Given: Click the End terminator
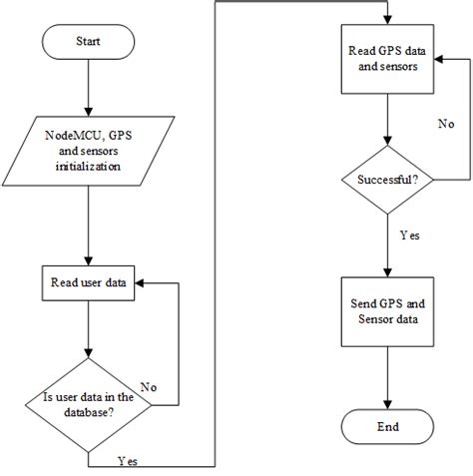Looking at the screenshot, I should [x=387, y=426].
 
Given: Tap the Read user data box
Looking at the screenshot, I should [x=89, y=282].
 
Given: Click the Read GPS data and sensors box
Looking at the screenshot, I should [x=387, y=59].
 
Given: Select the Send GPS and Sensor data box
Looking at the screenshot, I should [x=387, y=311].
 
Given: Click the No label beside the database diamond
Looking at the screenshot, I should [x=148, y=387].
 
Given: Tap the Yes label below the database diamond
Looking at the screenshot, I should [x=129, y=461].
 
